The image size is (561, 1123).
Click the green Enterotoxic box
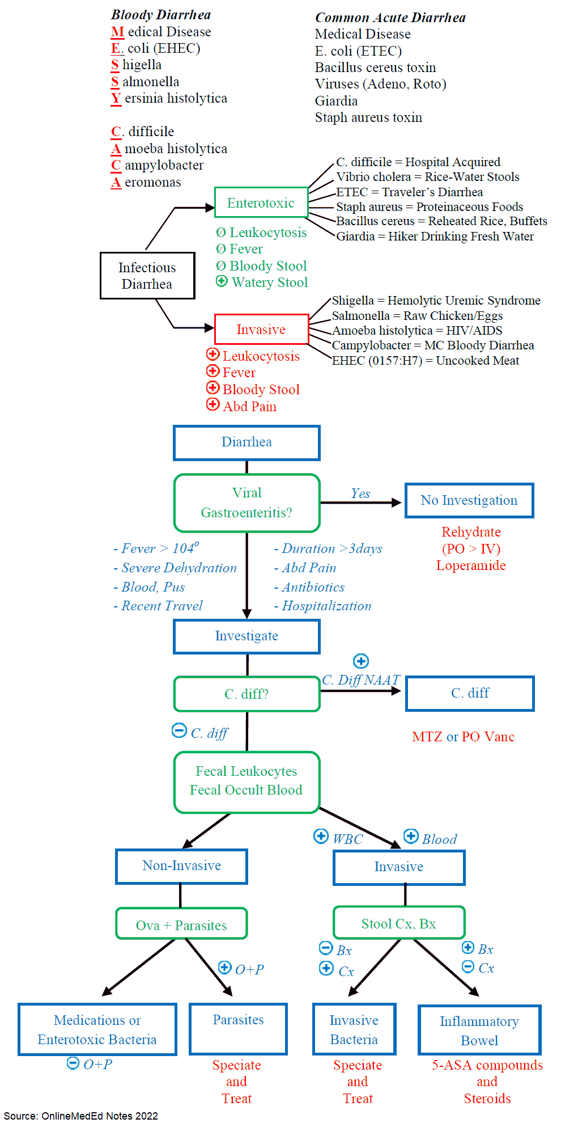click(261, 202)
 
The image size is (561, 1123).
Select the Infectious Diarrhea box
click(147, 276)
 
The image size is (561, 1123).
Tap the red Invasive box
click(261, 330)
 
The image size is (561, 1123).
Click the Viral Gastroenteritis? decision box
click(246, 503)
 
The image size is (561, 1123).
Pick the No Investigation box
click(469, 500)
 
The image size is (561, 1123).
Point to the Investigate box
click(246, 636)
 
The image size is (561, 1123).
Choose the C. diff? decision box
click(246, 694)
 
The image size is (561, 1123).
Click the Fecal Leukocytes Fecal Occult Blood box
click(246, 782)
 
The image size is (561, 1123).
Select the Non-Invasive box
click(181, 866)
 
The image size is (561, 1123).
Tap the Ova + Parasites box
click(181, 925)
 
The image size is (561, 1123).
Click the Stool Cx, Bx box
click(399, 924)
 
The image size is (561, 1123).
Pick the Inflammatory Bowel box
click(479, 1031)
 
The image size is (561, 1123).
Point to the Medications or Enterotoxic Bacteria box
click(97, 1029)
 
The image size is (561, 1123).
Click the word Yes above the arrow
click(360, 493)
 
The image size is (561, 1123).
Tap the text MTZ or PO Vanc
click(463, 737)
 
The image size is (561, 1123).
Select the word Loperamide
click(471, 565)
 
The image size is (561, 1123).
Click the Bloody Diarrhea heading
click(161, 15)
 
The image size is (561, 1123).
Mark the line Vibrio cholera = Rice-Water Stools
click(428, 177)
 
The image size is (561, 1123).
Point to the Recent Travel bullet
click(158, 606)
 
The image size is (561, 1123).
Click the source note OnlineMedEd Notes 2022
click(81, 1116)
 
